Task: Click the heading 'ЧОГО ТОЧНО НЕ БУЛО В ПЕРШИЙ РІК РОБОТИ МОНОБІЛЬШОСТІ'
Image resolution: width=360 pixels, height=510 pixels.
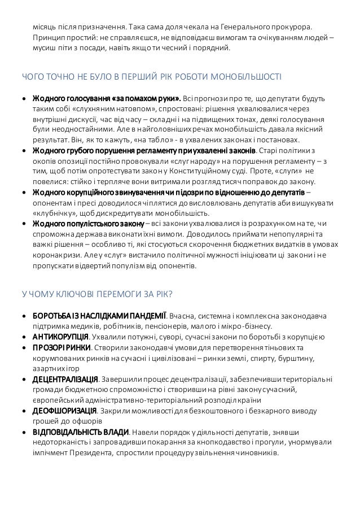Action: pos(152,76)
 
